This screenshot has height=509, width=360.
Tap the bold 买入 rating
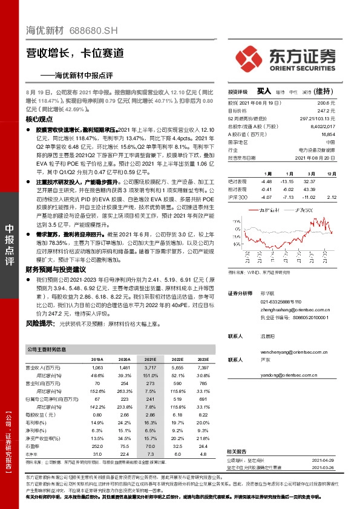coord(264,91)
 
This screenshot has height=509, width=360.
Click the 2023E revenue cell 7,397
coord(202,367)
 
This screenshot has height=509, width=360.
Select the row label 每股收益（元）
coord(44,414)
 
